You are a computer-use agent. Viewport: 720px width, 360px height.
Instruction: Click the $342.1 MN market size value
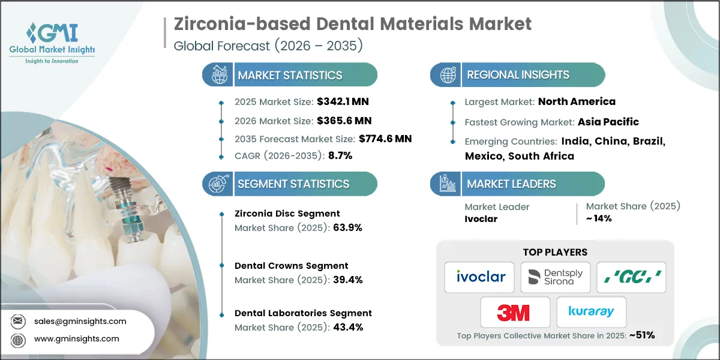pyautogui.click(x=343, y=101)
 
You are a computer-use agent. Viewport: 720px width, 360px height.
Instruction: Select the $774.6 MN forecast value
pyautogui.click(x=385, y=139)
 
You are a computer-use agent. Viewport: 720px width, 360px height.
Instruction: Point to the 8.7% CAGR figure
pyautogui.click(x=340, y=155)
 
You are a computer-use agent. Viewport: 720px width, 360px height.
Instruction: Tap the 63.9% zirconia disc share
pyautogui.click(x=347, y=227)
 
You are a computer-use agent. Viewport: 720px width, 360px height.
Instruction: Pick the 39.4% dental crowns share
pyautogui.click(x=348, y=280)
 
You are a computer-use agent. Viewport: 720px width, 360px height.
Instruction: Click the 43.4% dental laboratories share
pyautogui.click(x=348, y=327)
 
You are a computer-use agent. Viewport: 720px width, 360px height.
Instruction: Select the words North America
pyautogui.click(x=577, y=101)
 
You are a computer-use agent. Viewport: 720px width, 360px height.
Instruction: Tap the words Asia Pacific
pyautogui.click(x=608, y=122)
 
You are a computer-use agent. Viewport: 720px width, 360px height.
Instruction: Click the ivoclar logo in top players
pyautogui.click(x=481, y=277)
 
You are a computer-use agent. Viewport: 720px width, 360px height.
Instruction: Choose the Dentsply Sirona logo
pyautogui.click(x=556, y=277)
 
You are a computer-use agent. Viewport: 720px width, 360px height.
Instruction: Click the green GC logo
pyautogui.click(x=632, y=277)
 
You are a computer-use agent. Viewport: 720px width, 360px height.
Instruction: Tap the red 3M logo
pyautogui.click(x=513, y=313)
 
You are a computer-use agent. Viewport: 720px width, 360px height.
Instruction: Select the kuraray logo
pyautogui.click(x=591, y=311)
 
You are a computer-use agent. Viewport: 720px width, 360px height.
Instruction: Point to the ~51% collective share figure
pyautogui.click(x=642, y=335)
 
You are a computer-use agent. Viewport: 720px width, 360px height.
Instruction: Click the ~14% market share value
pyautogui.click(x=599, y=218)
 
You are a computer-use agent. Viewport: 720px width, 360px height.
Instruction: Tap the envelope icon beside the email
pyautogui.click(x=17, y=321)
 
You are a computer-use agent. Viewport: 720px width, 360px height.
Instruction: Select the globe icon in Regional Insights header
pyautogui.click(x=448, y=75)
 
